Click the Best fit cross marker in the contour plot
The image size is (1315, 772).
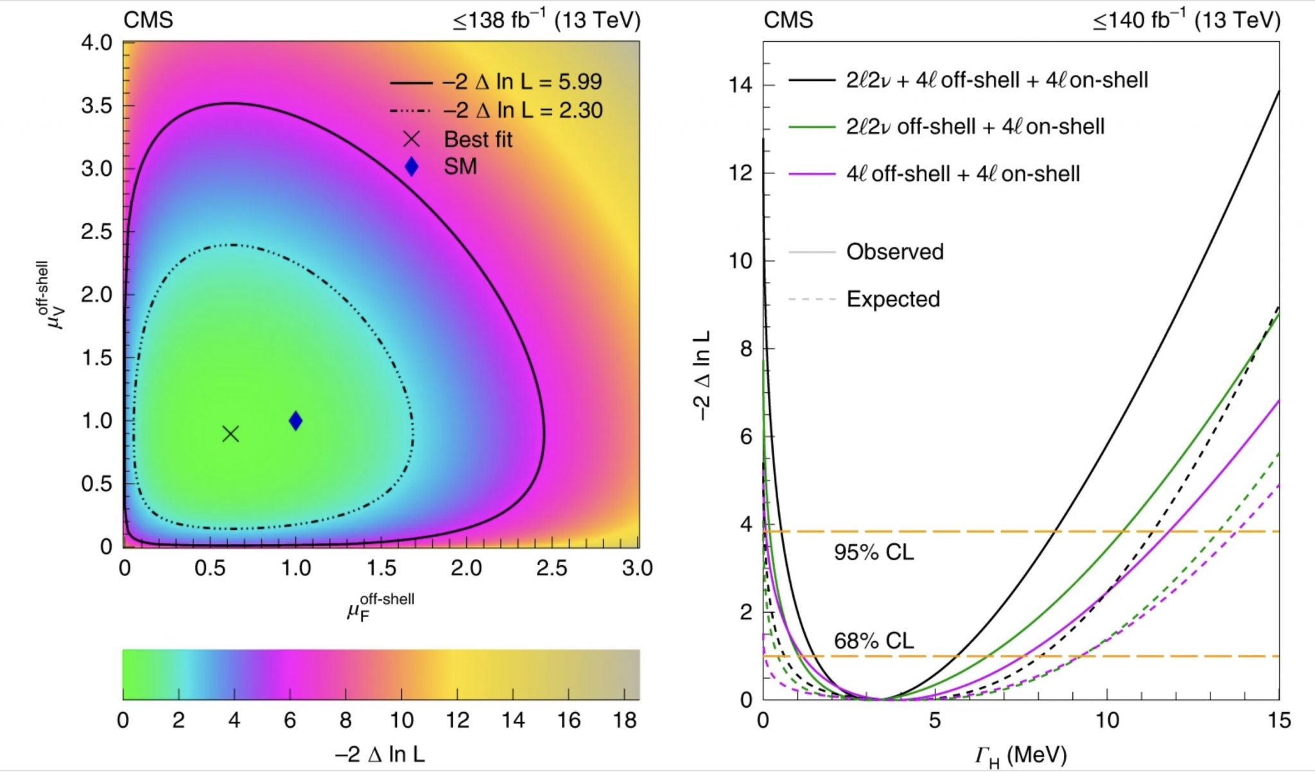pos(231,434)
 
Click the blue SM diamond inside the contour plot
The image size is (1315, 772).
pos(295,421)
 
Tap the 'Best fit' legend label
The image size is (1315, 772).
pos(478,139)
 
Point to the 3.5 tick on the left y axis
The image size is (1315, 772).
pos(97,106)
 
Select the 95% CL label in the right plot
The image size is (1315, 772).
pos(873,552)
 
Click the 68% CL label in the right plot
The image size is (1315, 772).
pos(873,640)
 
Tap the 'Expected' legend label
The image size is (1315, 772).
pos(893,299)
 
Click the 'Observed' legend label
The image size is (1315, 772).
pos(894,252)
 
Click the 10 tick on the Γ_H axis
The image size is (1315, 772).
pos(1107,721)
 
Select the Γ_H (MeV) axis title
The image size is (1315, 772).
pos(1020,755)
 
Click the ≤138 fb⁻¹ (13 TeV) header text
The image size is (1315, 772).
pos(546,21)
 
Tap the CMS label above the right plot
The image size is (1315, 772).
pos(788,20)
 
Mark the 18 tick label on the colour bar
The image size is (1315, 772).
pos(624,721)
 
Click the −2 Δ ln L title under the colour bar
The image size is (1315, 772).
pos(379,754)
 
